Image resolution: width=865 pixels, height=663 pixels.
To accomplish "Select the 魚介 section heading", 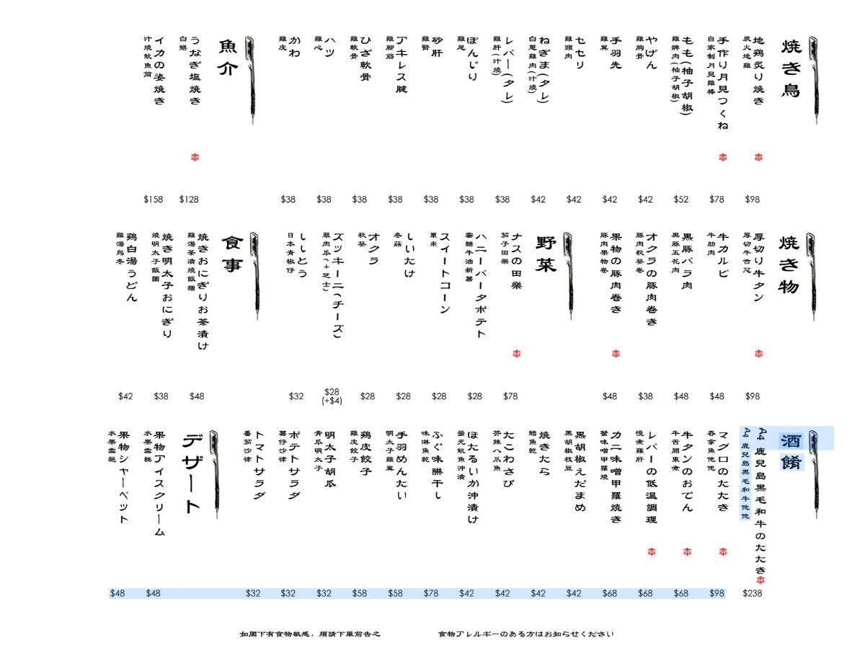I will (227, 58).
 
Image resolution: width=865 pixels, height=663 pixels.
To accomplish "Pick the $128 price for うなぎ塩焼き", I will (189, 200).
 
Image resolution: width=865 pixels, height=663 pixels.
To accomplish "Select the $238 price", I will (753, 594).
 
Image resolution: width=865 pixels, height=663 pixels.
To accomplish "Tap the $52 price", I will (681, 200).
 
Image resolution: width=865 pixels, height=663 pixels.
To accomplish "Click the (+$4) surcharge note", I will (332, 401).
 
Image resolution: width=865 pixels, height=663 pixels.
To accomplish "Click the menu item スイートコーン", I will (444, 273).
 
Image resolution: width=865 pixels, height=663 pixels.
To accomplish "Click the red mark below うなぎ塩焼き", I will (195, 157).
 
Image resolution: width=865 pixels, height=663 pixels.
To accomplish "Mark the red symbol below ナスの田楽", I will (516, 353).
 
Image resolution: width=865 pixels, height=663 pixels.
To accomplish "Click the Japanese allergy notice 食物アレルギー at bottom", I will (525, 635).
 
